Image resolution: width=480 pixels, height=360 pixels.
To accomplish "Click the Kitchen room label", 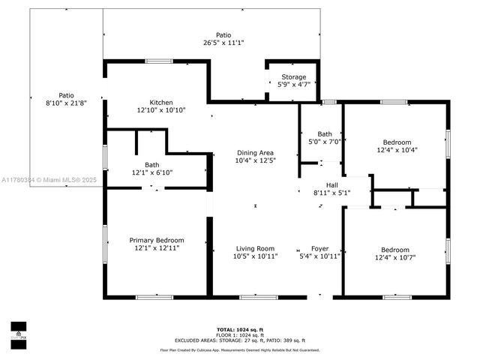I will [161, 102].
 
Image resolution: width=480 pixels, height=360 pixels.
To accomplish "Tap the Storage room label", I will [293, 77].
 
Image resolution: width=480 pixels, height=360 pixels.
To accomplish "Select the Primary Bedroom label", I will [156, 240].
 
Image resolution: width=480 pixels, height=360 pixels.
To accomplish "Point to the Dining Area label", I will [256, 152].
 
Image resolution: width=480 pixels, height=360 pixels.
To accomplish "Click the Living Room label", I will [256, 248].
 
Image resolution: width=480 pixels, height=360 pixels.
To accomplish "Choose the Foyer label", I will [320, 248].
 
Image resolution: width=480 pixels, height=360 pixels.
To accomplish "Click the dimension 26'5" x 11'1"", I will [223, 43].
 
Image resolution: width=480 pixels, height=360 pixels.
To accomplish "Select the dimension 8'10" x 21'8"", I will [66, 103].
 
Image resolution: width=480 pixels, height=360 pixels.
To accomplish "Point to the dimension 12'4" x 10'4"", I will [397, 149].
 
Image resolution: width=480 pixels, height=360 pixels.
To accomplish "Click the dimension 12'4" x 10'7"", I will [395, 257].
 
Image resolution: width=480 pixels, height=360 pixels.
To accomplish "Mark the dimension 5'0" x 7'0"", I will [324, 142].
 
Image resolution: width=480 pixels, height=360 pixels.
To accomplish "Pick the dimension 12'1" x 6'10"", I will [152, 172].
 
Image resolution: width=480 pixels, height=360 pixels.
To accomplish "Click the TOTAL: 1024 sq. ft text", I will [239, 329].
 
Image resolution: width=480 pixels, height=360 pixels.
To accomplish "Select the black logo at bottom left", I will [18, 331].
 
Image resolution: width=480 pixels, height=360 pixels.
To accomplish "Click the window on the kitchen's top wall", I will [159, 61].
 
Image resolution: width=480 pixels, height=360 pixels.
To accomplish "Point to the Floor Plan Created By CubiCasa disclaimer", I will [239, 349].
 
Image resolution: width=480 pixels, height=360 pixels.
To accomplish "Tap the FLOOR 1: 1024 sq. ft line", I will [239, 334].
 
